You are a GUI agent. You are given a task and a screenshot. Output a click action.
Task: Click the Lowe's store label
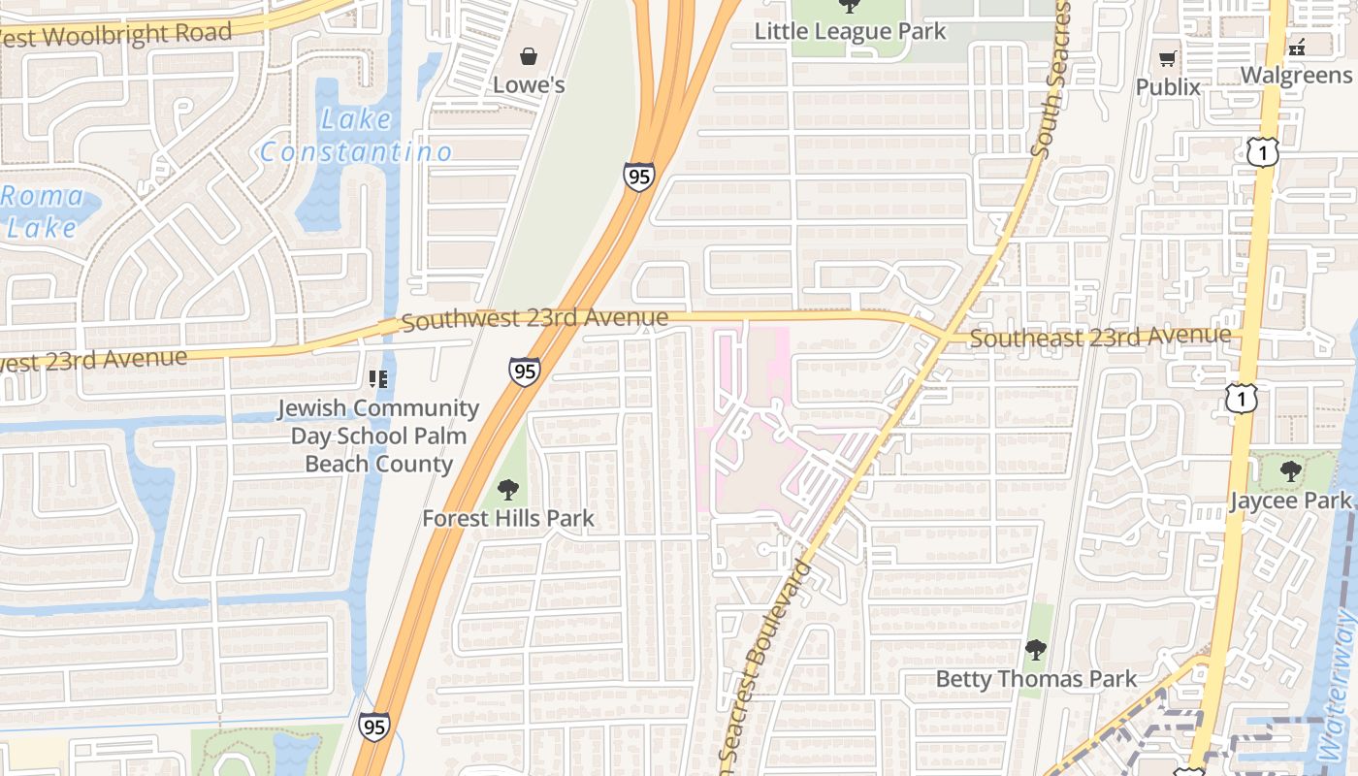(529, 85)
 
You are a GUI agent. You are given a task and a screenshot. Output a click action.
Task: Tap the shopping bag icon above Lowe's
(529, 56)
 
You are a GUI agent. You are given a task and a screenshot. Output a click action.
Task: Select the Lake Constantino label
(356, 136)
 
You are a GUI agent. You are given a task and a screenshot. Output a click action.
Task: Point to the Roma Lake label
(41, 211)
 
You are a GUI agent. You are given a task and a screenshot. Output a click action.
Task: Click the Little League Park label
(850, 31)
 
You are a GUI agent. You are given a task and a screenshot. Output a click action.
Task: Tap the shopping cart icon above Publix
(1168, 58)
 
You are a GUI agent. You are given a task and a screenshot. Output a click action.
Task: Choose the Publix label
(1168, 87)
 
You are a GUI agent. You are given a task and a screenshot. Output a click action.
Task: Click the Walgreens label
(1296, 76)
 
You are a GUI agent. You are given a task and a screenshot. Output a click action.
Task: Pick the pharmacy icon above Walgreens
(1297, 46)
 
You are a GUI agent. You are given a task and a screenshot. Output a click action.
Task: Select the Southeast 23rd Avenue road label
(1100, 338)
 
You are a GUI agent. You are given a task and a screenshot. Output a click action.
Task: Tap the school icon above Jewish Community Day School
(378, 379)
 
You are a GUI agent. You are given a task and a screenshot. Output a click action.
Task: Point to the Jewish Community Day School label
(378, 436)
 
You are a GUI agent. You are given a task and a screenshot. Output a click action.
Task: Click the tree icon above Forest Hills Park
(507, 490)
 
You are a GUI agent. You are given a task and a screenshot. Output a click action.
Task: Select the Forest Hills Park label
(507, 519)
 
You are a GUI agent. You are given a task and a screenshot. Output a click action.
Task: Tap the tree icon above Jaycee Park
(1290, 472)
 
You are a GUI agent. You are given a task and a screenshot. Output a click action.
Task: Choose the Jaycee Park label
(1290, 501)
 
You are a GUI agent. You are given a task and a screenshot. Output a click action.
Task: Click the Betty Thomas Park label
(1035, 679)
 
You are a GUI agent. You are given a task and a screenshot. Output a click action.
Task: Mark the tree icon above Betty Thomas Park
(1035, 649)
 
